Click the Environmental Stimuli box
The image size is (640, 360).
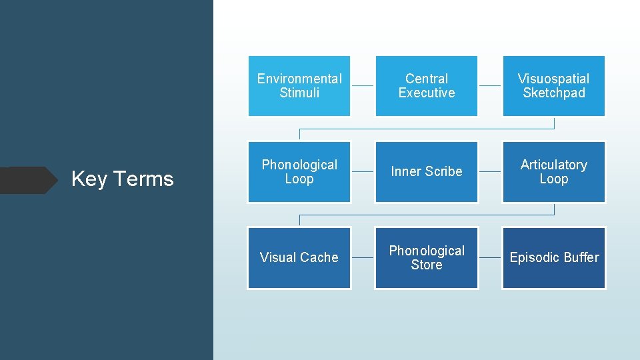[299, 86]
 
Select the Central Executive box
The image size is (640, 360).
[427, 86]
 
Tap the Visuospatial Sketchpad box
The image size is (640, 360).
[553, 86]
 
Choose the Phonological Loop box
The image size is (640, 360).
[299, 172]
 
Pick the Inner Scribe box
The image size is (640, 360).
[427, 172]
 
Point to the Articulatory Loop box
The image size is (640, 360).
[553, 172]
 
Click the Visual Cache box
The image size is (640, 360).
[299, 257]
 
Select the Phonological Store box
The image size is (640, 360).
[427, 257]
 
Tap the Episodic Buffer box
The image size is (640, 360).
[553, 257]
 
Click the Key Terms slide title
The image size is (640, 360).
[122, 179]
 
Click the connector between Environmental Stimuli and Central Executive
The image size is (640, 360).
[363, 86]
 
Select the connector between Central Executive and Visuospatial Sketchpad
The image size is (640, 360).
[490, 86]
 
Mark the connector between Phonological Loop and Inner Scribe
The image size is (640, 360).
[363, 172]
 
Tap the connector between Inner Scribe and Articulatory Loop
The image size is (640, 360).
[490, 172]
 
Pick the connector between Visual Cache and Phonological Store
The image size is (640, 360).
[363, 257]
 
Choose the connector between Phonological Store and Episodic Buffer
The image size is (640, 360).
[490, 257]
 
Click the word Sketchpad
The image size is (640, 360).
[553, 93]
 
